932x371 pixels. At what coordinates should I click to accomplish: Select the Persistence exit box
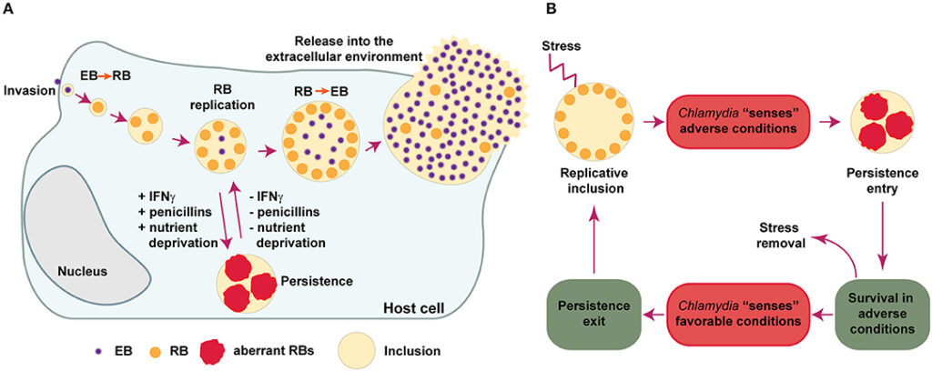[596, 315]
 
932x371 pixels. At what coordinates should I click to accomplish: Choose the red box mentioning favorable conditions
[740, 315]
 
